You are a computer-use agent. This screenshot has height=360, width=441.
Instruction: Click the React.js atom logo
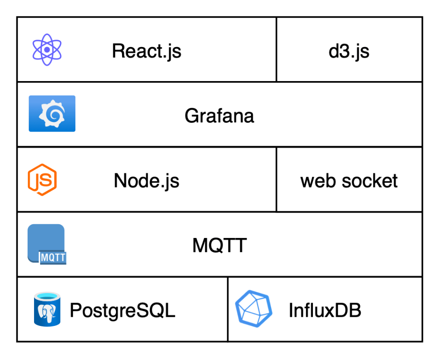point(47,50)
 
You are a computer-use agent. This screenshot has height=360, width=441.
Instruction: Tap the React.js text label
point(147,51)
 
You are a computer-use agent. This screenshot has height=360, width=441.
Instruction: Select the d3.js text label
point(349,51)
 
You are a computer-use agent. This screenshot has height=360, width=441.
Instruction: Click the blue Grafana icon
point(52,113)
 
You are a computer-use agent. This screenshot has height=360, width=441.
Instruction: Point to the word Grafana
point(219,116)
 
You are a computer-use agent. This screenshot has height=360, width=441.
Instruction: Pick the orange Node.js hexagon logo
point(42,179)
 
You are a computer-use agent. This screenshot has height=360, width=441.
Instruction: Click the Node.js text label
point(147,181)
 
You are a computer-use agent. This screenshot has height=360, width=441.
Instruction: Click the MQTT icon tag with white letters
point(53,257)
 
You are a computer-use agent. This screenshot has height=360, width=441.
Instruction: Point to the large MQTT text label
point(219,245)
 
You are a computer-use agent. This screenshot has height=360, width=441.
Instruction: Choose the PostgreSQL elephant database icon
point(47,309)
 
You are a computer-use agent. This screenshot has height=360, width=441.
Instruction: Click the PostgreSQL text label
point(122,310)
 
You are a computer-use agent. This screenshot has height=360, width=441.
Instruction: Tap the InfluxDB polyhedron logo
point(254,309)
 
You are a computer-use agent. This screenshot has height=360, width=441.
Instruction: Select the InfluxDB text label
point(325,310)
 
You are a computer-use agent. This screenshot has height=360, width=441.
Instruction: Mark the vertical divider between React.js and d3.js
point(276,50)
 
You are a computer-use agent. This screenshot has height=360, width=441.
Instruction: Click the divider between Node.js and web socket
point(276,179)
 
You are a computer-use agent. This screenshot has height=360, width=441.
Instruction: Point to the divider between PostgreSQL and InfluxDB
point(228,309)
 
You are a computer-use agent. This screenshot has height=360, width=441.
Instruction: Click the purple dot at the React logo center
point(47,50)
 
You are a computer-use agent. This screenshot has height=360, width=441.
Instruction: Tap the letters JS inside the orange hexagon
point(42,180)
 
